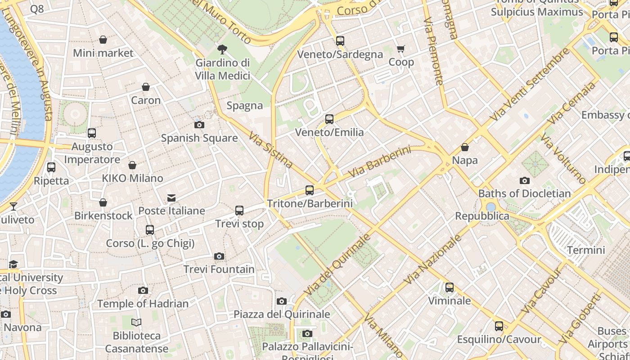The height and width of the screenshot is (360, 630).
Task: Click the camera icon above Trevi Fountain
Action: click(219, 256)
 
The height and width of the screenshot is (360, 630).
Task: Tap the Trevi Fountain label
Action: click(219, 270)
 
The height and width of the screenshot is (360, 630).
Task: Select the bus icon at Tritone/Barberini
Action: click(310, 190)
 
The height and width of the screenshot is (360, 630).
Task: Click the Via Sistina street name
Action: click(271, 150)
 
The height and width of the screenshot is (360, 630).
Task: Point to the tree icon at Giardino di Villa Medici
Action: click(222, 49)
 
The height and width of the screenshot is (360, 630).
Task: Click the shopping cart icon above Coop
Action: click(400, 49)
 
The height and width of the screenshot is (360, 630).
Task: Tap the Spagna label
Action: click(244, 106)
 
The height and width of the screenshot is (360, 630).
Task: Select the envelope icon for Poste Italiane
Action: click(171, 198)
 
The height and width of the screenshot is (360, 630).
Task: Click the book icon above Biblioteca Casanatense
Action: click(136, 323)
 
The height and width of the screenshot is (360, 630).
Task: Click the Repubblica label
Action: click(482, 216)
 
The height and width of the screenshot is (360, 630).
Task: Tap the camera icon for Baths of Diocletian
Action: click(524, 181)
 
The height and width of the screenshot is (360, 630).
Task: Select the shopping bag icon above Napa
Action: click(465, 147)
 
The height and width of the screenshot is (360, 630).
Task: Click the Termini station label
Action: click(586, 250)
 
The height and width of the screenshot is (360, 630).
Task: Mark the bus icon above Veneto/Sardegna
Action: click(340, 41)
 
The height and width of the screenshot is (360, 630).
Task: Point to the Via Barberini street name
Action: click(380, 161)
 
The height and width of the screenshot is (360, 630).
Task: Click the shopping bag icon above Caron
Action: click(145, 87)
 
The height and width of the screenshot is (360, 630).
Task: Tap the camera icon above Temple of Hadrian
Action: click(143, 291)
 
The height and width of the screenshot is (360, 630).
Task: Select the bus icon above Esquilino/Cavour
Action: click(499, 326)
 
